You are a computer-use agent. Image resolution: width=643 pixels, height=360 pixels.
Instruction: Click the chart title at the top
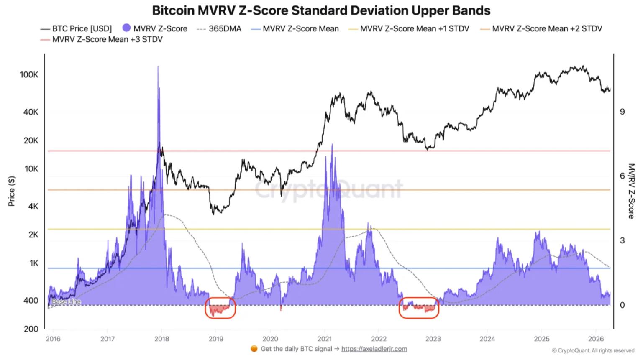(321, 10)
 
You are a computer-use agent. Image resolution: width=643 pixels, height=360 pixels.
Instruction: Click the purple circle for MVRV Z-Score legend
(126, 28)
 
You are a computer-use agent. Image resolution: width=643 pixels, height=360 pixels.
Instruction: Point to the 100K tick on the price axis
(28, 75)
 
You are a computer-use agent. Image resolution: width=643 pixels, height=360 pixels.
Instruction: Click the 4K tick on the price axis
(33, 206)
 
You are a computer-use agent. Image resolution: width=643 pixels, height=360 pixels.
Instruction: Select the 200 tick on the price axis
(31, 329)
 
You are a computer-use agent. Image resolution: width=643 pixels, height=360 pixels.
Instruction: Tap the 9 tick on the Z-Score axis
(622, 112)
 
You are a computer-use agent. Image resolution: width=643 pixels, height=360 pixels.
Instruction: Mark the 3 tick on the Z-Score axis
(622, 240)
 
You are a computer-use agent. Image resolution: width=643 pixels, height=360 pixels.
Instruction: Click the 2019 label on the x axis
(216, 339)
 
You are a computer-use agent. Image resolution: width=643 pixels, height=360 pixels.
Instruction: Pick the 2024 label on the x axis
(487, 339)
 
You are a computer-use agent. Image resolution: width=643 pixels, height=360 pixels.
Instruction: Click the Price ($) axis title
(12, 191)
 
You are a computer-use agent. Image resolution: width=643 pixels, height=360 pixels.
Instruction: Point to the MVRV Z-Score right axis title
(631, 191)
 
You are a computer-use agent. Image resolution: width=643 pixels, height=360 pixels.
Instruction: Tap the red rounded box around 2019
(220, 308)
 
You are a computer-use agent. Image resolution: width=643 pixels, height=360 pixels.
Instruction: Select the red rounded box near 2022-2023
(419, 308)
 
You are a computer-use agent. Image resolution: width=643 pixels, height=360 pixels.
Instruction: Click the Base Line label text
(66, 301)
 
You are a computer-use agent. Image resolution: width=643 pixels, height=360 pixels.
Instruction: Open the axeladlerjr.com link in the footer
(374, 349)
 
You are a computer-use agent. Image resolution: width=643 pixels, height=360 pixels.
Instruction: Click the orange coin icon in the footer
(254, 349)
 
